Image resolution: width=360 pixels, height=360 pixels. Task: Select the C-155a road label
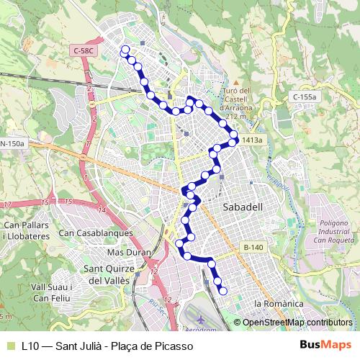click(305, 96)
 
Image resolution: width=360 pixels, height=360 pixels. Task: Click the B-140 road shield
click(253, 247)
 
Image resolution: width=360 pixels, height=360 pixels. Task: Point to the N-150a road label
click(13, 143)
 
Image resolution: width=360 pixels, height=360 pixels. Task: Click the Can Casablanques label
click(96, 233)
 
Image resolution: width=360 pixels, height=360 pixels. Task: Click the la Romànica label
click(286, 305)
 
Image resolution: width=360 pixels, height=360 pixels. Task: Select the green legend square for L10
click(9, 346)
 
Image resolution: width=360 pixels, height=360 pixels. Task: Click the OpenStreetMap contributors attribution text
click(297, 323)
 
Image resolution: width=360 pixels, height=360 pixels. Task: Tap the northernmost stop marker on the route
click(125, 50)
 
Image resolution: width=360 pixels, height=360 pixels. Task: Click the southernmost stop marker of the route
click(223, 291)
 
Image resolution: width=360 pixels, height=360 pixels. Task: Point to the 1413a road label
click(253, 140)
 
